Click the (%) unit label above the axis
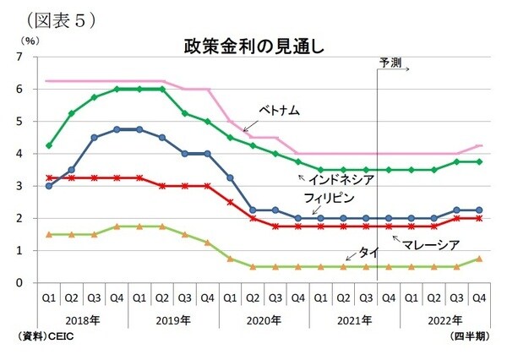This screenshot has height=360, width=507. [28, 39]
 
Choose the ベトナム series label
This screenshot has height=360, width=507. [280, 111]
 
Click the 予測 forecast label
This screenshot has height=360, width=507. [390, 62]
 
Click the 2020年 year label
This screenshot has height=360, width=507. [264, 321]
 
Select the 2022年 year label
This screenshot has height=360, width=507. [445, 321]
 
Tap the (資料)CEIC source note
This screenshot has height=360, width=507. [43, 336]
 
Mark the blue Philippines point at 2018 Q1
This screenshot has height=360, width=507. [48, 186]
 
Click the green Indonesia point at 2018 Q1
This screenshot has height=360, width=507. [48, 145]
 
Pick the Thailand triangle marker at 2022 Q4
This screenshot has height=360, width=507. [479, 259]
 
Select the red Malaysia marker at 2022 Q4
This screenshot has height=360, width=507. [479, 218]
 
